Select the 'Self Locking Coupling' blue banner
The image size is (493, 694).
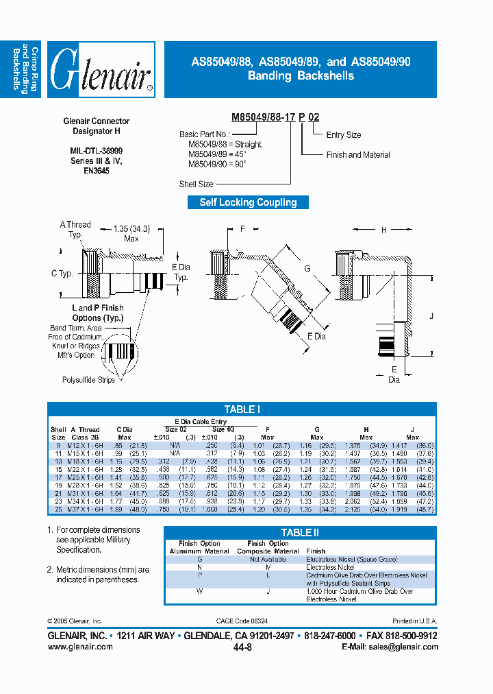(x=248, y=202)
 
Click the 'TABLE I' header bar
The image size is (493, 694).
(x=241, y=409)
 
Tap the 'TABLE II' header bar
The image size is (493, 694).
(x=300, y=533)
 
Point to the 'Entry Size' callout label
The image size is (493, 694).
(x=343, y=135)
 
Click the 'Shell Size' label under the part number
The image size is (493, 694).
(x=195, y=184)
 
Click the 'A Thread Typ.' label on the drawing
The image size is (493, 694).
(x=75, y=229)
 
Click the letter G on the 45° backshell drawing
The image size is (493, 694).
(x=307, y=269)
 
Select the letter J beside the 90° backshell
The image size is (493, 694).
(x=432, y=316)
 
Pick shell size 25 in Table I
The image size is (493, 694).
(x=58, y=510)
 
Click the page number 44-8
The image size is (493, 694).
(x=242, y=647)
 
